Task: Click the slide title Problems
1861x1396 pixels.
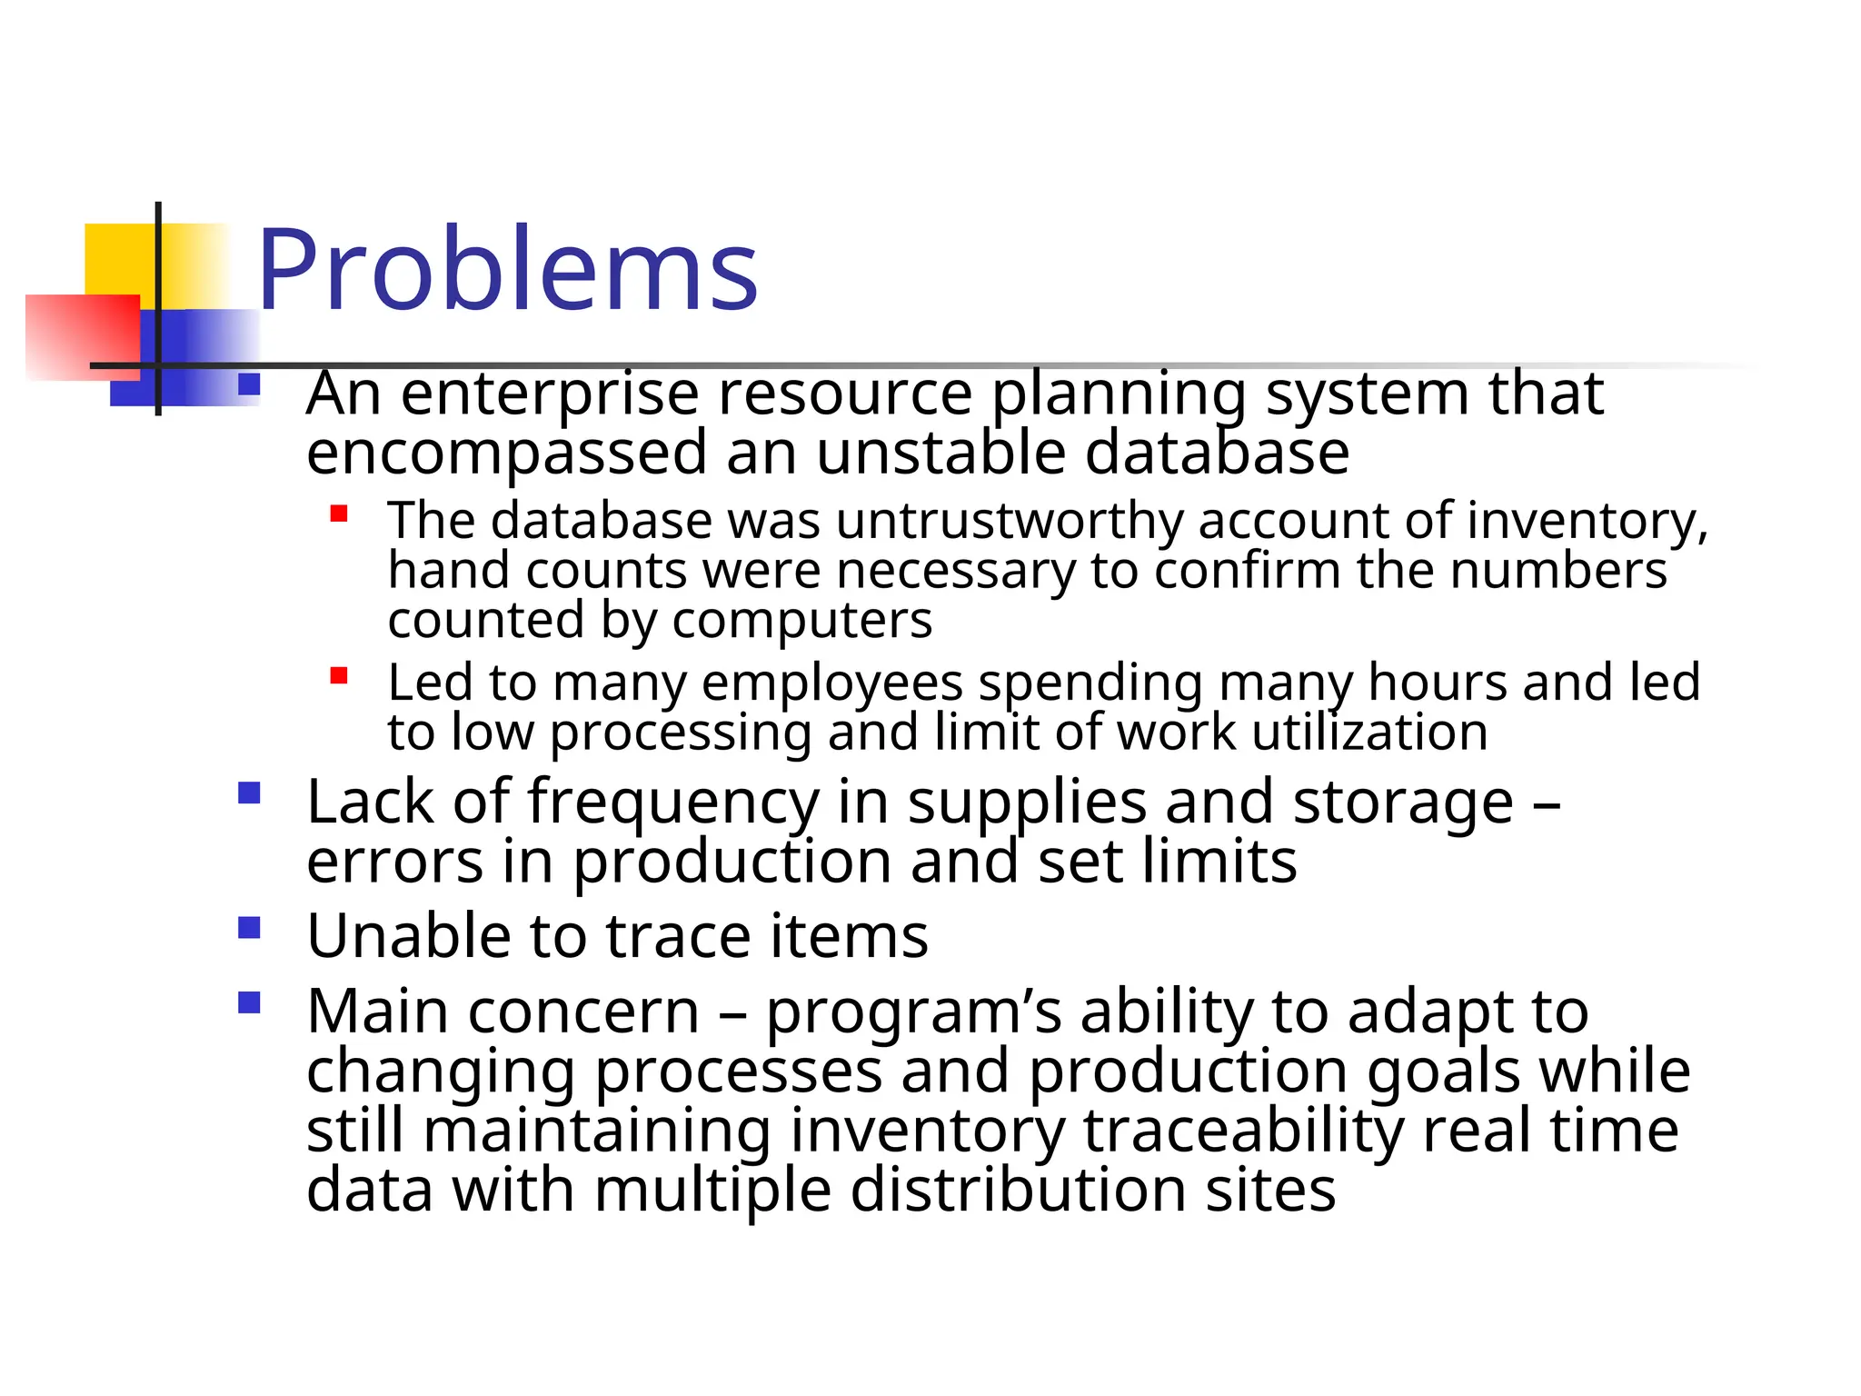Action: click(507, 271)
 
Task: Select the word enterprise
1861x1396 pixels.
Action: click(550, 395)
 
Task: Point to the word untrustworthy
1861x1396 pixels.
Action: click(1009, 522)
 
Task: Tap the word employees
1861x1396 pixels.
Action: click(831, 683)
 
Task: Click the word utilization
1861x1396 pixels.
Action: click(1369, 732)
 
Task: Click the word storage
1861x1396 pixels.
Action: click(1403, 803)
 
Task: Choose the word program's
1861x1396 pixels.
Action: click(913, 1012)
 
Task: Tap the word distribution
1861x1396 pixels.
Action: click(1018, 1190)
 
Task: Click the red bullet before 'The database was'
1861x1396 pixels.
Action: click(339, 514)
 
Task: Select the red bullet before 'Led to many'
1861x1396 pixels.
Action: click(339, 676)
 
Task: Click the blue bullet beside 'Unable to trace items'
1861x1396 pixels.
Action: click(249, 928)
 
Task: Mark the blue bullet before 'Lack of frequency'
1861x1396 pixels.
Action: click(249, 793)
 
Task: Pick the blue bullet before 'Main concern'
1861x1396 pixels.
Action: click(249, 1002)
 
